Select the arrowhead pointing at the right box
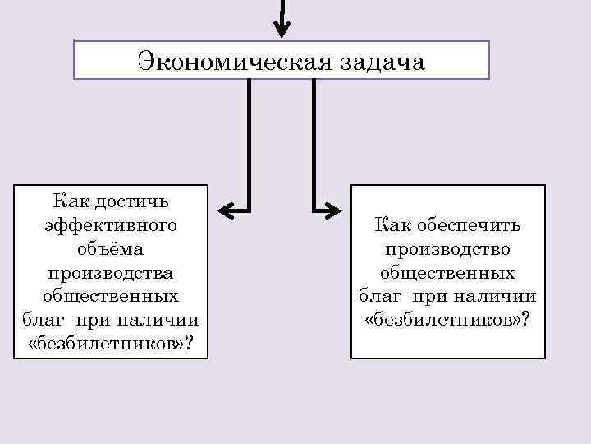click(334, 211)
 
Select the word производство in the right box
click(447, 248)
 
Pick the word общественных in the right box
click(447, 271)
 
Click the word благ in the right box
click(378, 295)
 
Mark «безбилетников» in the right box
click(441, 319)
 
